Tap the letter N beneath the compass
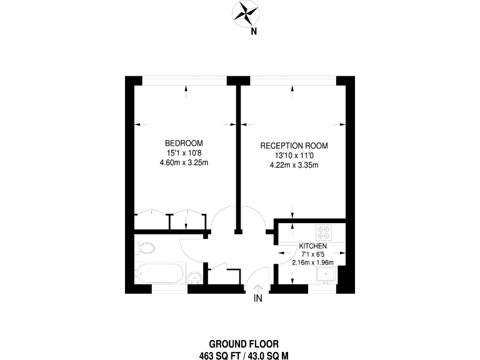tap(253, 31)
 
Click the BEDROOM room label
tap(184, 142)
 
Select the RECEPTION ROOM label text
tap(294, 146)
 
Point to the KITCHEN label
tap(312, 246)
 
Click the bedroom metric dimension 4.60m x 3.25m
tap(184, 163)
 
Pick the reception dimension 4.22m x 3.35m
tap(294, 166)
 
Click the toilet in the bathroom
tap(144, 247)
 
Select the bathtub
tap(160, 274)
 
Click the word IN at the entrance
tap(258, 300)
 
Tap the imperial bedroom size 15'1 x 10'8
tap(184, 152)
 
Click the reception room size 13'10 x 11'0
tap(294, 156)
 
